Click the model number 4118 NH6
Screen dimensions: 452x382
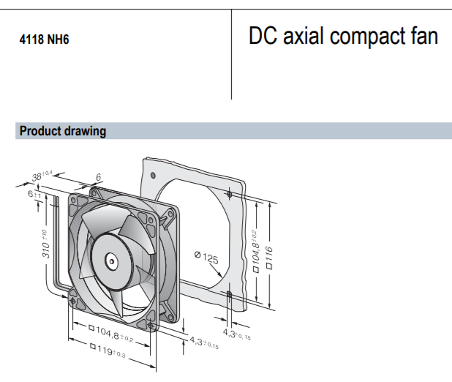coord(44,40)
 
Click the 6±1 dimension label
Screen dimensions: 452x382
coord(34,194)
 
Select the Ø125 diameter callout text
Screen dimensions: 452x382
coord(207,258)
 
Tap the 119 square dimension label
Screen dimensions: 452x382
coord(108,350)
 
